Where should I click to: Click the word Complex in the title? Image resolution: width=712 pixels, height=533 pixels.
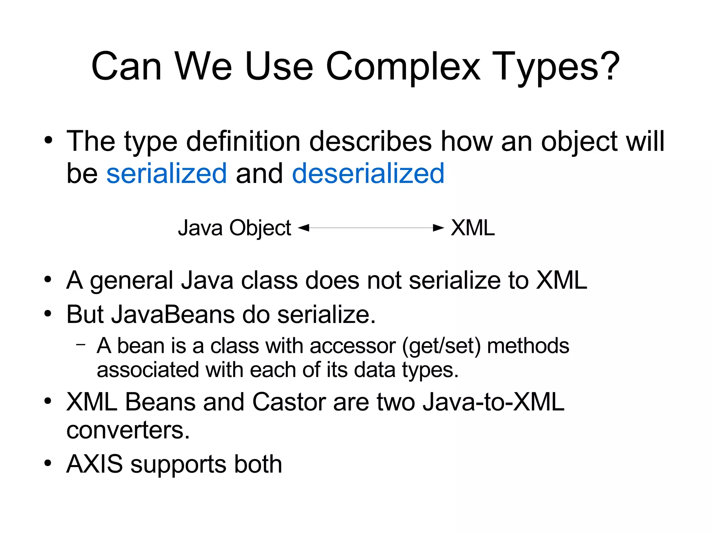[x=403, y=66]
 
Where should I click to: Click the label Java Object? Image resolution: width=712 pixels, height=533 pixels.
[x=234, y=228]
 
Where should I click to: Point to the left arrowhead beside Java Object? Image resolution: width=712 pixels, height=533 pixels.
[x=304, y=228]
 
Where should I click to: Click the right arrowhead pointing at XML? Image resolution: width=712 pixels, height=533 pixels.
[x=438, y=228]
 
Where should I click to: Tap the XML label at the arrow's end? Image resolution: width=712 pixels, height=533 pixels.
[x=473, y=228]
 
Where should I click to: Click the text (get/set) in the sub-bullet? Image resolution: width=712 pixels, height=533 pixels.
[x=441, y=346]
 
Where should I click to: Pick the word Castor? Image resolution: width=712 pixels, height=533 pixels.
[x=289, y=402]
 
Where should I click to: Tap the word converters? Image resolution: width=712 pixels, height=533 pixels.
[x=128, y=430]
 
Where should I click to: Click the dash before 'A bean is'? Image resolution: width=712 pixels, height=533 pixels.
[x=81, y=344]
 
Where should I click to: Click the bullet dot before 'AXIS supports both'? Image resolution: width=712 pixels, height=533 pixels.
[x=48, y=463]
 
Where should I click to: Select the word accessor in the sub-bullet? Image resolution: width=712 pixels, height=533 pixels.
[x=353, y=346]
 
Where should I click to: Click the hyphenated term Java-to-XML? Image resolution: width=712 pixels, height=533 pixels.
[x=493, y=402]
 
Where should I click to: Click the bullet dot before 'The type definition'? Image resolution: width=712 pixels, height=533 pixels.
[x=48, y=141]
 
